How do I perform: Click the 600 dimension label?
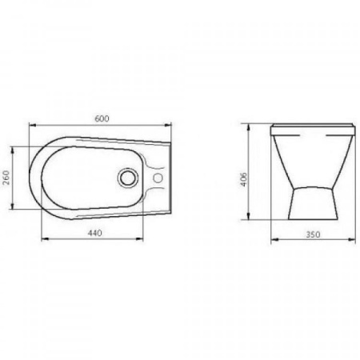[102, 118]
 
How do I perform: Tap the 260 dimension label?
[6, 178]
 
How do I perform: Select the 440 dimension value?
[94, 233]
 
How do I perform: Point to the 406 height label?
[244, 179]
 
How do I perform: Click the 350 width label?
[313, 234]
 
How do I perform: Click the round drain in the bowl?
[128, 178]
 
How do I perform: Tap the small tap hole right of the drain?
[158, 178]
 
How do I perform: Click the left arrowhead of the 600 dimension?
[32, 125]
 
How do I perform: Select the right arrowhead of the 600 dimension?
[168, 125]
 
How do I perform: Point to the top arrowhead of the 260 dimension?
[12, 150]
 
